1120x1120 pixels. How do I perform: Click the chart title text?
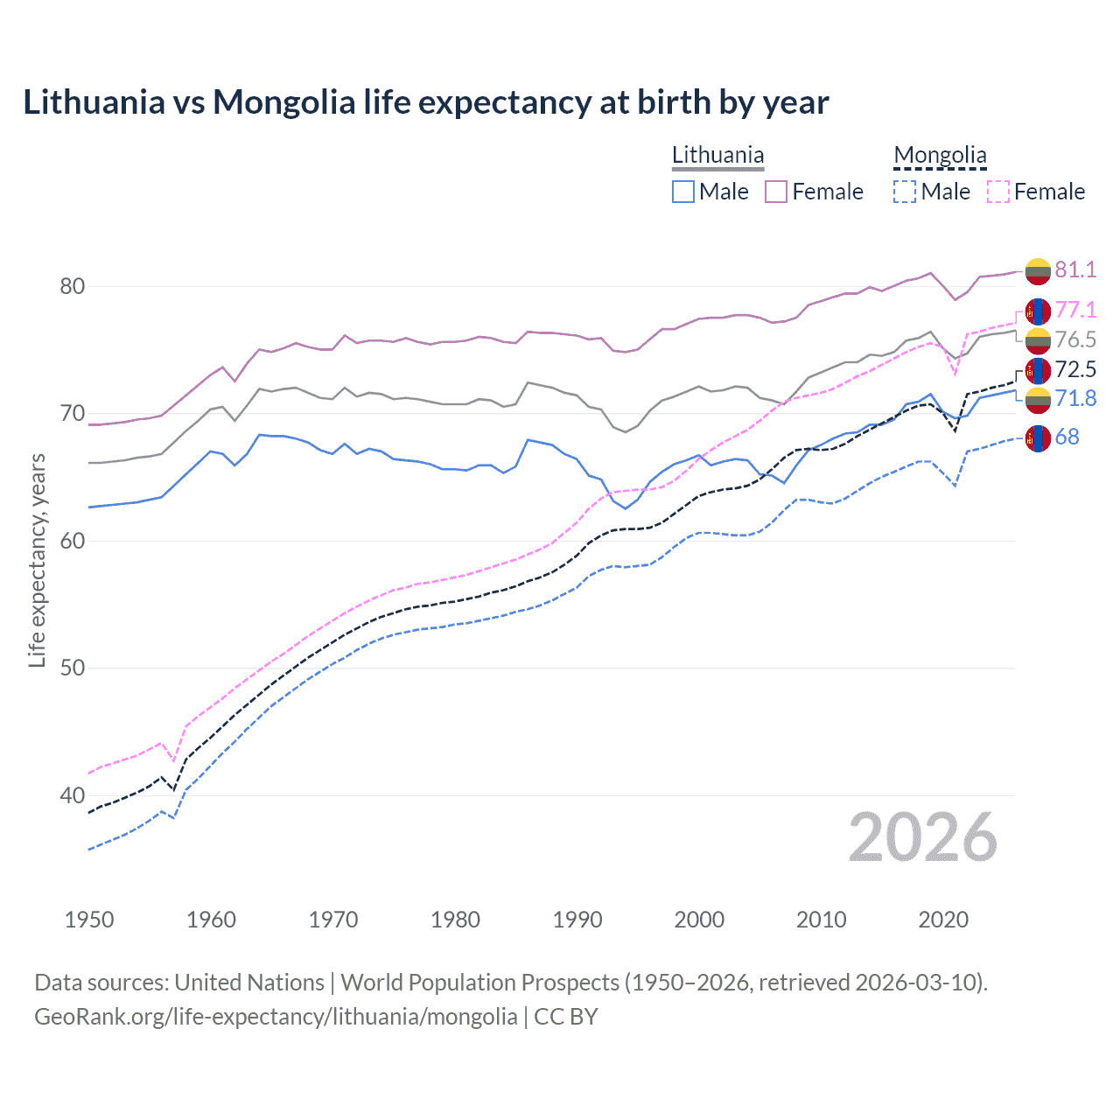pos(425,102)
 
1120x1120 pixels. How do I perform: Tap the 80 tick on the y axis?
pos(73,287)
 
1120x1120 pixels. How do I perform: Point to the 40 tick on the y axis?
pos(73,795)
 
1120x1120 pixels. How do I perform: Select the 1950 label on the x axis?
pos(89,920)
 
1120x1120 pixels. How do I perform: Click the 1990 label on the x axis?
pos(577,920)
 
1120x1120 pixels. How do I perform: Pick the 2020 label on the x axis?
pos(943,920)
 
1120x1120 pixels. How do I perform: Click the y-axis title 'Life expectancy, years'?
pos(38,560)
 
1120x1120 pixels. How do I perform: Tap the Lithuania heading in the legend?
pos(717,156)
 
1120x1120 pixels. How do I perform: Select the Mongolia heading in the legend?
pos(940,156)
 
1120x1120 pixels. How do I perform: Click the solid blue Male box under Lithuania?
pos(683,192)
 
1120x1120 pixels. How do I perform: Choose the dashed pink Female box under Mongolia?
pos(998,192)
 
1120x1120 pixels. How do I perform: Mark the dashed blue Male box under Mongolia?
pos(906,192)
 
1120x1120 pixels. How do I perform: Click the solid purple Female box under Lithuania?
pos(776,192)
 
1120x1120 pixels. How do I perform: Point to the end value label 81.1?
pos(1075,269)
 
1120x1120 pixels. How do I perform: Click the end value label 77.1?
pos(1075,311)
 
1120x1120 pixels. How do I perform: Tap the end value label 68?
pos(1067,437)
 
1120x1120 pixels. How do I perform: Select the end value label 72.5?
pos(1075,369)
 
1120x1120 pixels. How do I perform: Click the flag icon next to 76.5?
pos(1038,340)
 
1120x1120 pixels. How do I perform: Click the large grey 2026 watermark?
pos(923,837)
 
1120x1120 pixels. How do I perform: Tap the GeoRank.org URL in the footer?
pos(276,1017)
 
